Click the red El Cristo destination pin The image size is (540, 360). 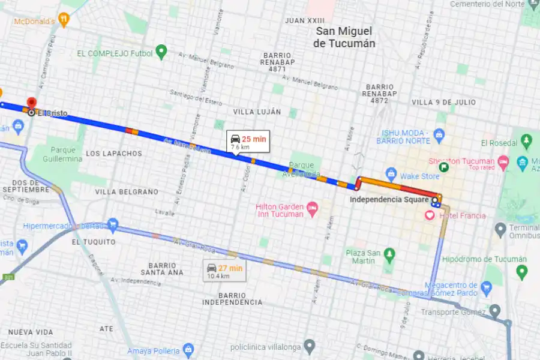(x=31, y=103)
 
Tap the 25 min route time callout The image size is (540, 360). (x=248, y=142)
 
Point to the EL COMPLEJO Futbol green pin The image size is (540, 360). (x=161, y=52)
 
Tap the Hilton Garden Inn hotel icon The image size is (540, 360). (x=311, y=209)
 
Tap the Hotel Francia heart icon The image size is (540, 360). (x=430, y=215)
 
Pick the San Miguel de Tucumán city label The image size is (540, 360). (x=344, y=37)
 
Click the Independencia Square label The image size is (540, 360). (x=389, y=199)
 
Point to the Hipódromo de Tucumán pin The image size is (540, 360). (x=521, y=272)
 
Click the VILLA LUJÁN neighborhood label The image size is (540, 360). (x=257, y=112)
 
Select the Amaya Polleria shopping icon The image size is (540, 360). (x=188, y=350)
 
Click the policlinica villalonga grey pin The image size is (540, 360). (x=309, y=346)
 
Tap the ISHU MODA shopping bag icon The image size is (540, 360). (x=439, y=134)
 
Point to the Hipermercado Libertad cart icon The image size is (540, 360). (x=112, y=225)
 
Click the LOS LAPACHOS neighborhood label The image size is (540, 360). (x=114, y=154)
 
